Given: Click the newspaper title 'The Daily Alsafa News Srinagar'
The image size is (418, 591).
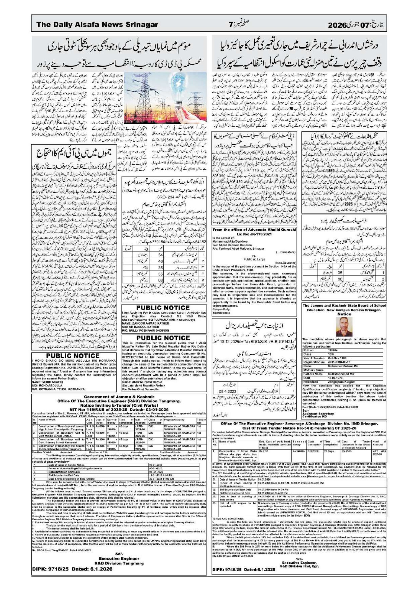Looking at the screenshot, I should (x=97, y=25).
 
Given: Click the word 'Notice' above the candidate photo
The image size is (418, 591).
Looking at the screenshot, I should (x=344, y=314).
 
